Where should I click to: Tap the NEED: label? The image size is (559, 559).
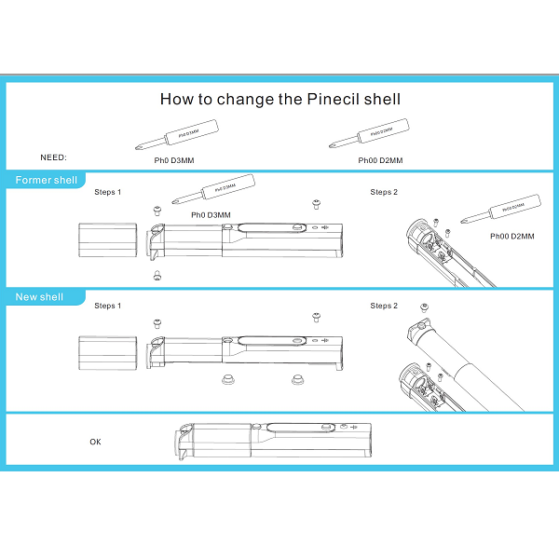(54, 158)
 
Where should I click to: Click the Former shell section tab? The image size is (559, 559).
(46, 180)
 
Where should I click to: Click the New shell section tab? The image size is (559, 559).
(39, 297)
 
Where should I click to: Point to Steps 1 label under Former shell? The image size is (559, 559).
(107, 192)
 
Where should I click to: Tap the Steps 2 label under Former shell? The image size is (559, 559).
(383, 192)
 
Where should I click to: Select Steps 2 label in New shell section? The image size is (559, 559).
(383, 306)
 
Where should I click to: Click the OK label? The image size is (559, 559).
(95, 442)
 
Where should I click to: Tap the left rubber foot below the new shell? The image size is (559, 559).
(225, 379)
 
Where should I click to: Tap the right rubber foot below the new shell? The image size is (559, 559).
(297, 379)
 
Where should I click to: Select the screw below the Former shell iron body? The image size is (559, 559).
(157, 276)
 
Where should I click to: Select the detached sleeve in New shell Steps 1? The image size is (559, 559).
(108, 353)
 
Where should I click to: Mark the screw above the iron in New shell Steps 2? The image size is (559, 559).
(426, 308)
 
